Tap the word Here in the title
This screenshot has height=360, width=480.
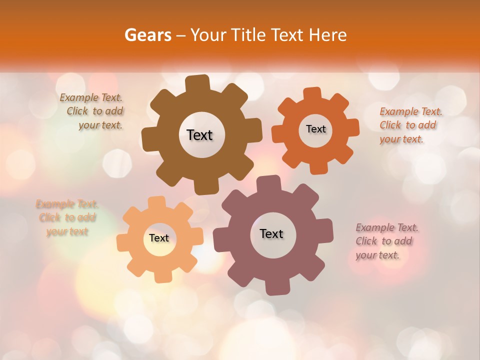328,35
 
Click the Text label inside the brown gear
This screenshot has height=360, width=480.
199,135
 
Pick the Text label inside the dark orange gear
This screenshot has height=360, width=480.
315,129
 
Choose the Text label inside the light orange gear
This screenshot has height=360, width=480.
159,238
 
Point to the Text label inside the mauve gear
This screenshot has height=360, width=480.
271,233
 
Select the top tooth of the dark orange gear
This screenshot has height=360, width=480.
312,93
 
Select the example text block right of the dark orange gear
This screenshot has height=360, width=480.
410,125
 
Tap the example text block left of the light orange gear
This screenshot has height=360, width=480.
67,217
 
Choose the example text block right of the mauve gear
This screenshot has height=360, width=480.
386,241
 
